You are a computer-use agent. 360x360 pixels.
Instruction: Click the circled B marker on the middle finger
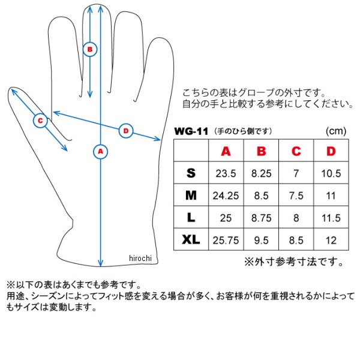[90, 49]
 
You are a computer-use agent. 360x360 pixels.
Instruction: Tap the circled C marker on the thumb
[40, 121]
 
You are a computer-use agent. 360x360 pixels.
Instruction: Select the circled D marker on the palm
[126, 131]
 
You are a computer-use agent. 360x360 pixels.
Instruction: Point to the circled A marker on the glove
[101, 152]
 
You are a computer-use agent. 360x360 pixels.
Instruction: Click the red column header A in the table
[226, 151]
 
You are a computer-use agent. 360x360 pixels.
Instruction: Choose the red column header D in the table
[331, 151]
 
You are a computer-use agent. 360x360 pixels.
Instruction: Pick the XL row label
[191, 239]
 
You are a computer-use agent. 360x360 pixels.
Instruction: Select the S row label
[191, 173]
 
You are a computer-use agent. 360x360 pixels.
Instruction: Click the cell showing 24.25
[226, 196]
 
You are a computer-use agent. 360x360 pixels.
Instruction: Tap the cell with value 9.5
[261, 241]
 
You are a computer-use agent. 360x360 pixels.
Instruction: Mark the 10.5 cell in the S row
[331, 173]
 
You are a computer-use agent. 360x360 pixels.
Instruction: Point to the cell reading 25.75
[226, 241]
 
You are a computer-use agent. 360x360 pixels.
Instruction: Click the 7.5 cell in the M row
[296, 196]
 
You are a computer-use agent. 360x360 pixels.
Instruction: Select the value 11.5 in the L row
[331, 218]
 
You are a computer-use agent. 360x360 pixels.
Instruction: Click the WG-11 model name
[191, 131]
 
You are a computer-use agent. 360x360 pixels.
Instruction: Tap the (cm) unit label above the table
[336, 131]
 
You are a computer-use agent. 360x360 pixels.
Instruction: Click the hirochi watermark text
[140, 258]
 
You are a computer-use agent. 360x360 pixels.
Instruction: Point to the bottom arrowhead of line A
[101, 264]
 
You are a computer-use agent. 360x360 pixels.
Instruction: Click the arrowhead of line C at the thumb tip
[13, 91]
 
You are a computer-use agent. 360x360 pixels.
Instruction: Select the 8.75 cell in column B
[261, 218]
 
